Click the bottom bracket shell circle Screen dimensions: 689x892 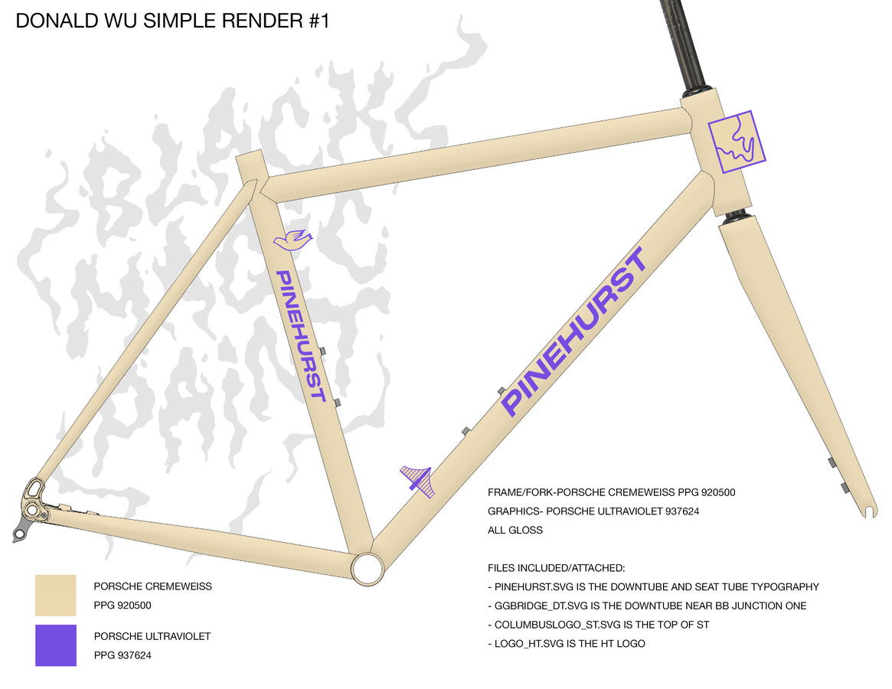367,568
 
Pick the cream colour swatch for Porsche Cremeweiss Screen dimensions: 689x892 56,595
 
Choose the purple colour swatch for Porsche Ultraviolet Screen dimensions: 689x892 56,645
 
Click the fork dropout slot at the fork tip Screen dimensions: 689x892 867,510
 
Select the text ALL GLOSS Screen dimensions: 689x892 515,530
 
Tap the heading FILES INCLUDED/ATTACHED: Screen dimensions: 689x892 557,568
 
